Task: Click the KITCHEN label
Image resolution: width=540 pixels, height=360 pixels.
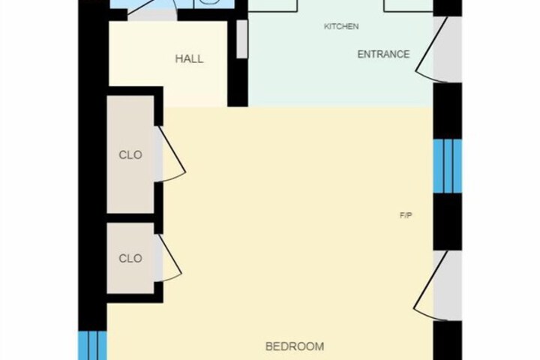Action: (x=341, y=26)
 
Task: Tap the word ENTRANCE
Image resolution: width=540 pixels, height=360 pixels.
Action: (x=383, y=54)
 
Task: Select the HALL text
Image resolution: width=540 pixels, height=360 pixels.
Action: (x=189, y=58)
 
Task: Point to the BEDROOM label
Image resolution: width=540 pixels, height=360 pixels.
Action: (x=295, y=346)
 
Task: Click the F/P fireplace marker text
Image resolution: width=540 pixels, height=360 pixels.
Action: (x=406, y=215)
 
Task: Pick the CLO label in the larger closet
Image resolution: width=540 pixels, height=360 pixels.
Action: (x=130, y=155)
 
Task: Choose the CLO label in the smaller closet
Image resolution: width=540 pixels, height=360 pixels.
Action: (x=130, y=258)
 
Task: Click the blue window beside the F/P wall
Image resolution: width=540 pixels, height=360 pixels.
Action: (x=447, y=166)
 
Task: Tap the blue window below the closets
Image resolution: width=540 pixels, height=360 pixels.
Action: (x=93, y=346)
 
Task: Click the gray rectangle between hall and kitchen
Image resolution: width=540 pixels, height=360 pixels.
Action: (x=242, y=39)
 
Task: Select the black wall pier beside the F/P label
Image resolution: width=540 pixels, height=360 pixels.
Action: (x=447, y=221)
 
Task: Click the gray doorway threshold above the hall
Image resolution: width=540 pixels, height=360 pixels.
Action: (x=152, y=16)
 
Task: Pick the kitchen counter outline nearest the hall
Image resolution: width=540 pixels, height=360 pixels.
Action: (x=273, y=6)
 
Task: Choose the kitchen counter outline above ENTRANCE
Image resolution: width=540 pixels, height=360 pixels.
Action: (x=409, y=6)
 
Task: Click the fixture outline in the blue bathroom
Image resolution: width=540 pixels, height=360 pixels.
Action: (x=211, y=3)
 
